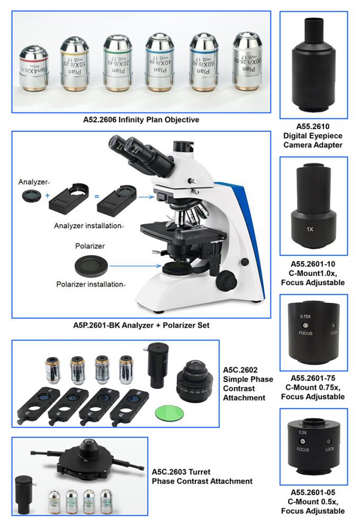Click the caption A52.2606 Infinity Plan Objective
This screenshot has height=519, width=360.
[x=141, y=120]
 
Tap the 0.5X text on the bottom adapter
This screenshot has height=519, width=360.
[x=303, y=432]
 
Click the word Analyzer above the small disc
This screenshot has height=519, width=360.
[x=33, y=181]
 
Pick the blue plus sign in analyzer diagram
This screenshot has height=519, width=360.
[x=47, y=195]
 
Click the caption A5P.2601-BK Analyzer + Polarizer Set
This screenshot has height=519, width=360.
[x=140, y=325]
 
